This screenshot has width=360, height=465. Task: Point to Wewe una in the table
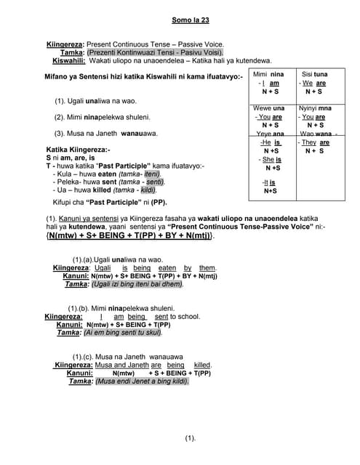(270, 108)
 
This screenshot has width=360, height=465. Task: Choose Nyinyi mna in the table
(314, 108)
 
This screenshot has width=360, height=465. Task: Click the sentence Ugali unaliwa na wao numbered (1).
(105, 100)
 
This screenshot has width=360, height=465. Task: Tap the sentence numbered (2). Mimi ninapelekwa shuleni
(102, 117)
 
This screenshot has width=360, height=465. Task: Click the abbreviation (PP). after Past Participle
(159, 202)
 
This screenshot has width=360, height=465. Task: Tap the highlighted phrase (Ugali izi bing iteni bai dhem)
(133, 284)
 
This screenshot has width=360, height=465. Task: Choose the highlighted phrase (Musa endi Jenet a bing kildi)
(141, 381)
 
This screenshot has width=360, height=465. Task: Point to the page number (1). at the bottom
(190, 437)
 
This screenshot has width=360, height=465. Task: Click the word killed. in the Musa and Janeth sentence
(202, 365)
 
